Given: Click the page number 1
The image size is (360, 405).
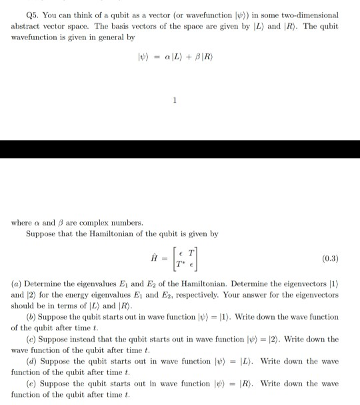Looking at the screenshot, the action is point(174,101).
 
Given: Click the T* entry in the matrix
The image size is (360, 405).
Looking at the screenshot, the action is point(178,263).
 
